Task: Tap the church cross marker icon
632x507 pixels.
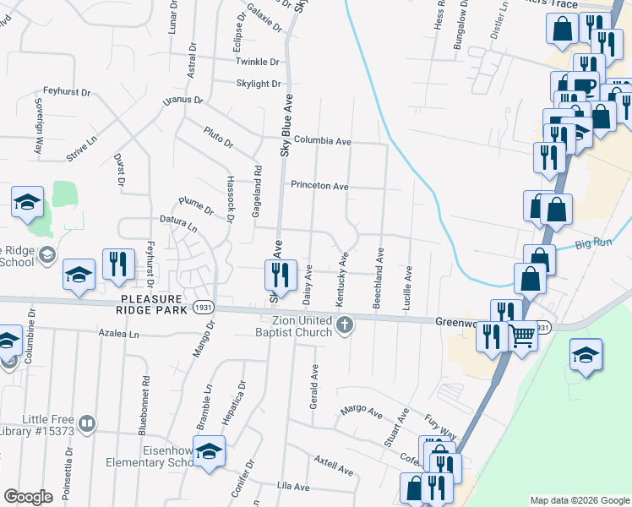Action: [344, 325]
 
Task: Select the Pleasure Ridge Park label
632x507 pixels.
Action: [156, 304]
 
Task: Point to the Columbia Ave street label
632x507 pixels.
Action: [322, 141]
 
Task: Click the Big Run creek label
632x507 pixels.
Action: [592, 245]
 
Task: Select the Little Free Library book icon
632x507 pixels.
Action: [87, 423]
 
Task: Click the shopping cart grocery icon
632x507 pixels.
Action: [523, 336]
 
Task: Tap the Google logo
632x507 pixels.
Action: [28, 497]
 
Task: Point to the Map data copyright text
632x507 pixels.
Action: [579, 500]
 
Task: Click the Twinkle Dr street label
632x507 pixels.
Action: [258, 62]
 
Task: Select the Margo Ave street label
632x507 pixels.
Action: [362, 411]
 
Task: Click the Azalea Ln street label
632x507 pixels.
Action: [118, 335]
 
